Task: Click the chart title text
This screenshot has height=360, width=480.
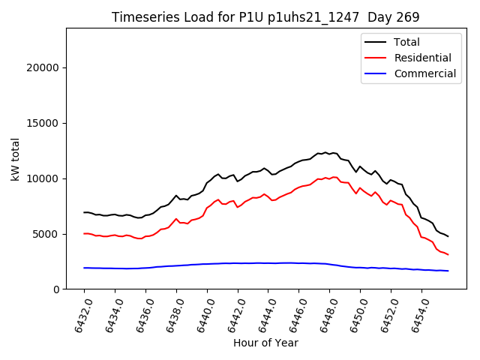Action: (265, 16)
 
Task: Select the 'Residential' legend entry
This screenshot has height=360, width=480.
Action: (422, 58)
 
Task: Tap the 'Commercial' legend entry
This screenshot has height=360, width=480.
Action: (424, 73)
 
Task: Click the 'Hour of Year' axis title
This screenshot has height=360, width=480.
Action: (265, 343)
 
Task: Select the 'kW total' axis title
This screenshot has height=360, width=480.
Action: (16, 159)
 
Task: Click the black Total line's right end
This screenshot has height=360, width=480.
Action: (448, 236)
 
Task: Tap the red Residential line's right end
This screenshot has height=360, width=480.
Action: (448, 254)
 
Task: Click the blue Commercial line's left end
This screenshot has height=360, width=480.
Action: (84, 268)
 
